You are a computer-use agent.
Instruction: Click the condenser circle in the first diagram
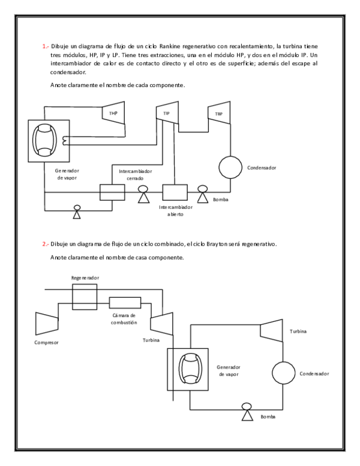point(229,167)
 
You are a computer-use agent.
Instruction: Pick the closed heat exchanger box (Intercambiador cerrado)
point(112,192)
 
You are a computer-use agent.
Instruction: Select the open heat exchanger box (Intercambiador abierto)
point(175,192)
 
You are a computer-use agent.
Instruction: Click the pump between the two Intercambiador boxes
point(143,193)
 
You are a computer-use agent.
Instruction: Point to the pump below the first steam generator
point(77,211)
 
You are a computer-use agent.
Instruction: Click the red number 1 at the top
point(44,46)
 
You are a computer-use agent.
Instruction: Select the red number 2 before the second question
point(44,244)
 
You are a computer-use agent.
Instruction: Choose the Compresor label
point(47,343)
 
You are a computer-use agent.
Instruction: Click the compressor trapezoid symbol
point(47,322)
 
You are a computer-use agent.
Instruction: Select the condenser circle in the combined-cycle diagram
point(281,374)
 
